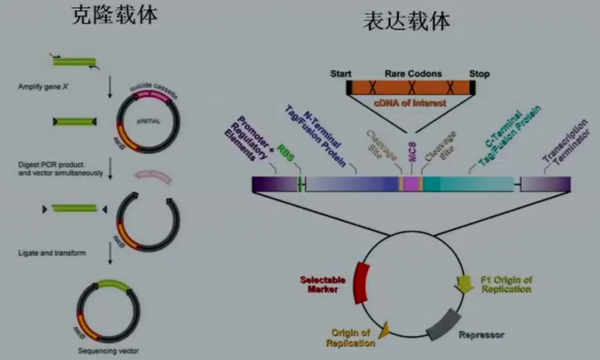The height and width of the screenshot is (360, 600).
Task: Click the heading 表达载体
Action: [x=406, y=21]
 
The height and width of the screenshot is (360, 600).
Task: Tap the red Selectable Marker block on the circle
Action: [x=361, y=283]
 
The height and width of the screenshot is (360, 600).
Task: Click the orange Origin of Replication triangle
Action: [x=383, y=332]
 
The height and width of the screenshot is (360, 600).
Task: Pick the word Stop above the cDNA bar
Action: [x=479, y=74]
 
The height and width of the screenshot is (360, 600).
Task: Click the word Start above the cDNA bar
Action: [x=341, y=74]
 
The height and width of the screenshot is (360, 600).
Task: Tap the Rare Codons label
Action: [x=413, y=74]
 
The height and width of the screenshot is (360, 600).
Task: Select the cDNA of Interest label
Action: [x=409, y=103]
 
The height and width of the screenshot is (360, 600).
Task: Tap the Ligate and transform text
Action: [x=52, y=253]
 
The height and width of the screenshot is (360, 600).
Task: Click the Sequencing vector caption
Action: [x=108, y=351]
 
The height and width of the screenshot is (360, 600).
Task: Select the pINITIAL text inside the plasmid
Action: [x=149, y=121]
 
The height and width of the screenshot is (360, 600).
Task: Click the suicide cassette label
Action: [x=153, y=88]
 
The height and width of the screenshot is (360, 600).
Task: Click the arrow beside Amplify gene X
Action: [x=110, y=89]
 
